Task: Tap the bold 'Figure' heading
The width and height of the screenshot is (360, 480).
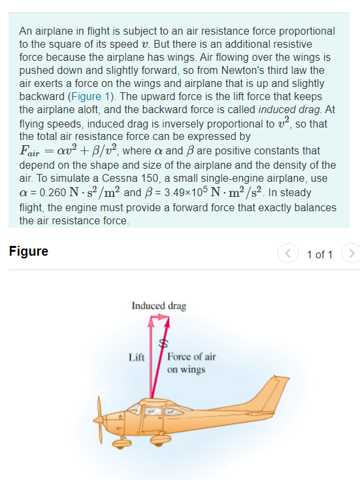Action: pos(28,252)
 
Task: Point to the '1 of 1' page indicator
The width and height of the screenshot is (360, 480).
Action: pos(319,254)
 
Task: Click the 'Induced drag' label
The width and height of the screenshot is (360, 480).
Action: pos(159,305)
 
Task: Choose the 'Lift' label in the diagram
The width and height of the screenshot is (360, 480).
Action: pos(137,358)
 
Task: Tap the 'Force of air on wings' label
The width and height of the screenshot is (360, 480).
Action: pos(191,363)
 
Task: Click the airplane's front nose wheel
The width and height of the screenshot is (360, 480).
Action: pos(121,443)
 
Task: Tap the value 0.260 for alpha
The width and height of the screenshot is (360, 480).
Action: pos(46,193)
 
